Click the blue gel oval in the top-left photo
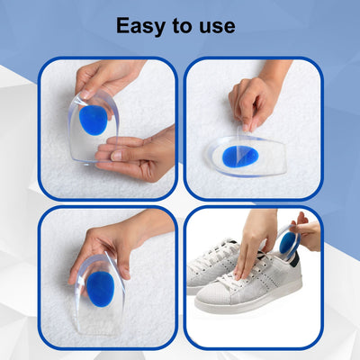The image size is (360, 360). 93,121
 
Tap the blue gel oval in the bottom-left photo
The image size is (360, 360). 99,286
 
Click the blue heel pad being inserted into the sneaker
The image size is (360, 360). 288,242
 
